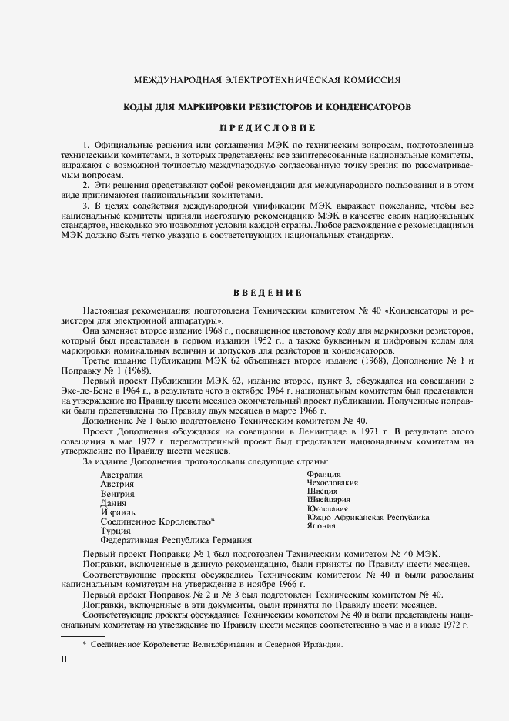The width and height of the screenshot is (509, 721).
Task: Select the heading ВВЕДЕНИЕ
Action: (x=257, y=293)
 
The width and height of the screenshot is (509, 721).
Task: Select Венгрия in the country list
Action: (x=118, y=494)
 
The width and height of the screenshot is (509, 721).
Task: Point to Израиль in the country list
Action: (x=118, y=512)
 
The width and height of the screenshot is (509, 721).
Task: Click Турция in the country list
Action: (x=116, y=531)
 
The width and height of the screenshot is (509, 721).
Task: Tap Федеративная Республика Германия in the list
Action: (x=176, y=540)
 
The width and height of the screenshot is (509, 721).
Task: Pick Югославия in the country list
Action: (x=327, y=509)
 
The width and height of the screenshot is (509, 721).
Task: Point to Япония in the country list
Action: (x=321, y=527)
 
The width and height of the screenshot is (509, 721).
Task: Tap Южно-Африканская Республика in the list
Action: (x=368, y=518)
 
